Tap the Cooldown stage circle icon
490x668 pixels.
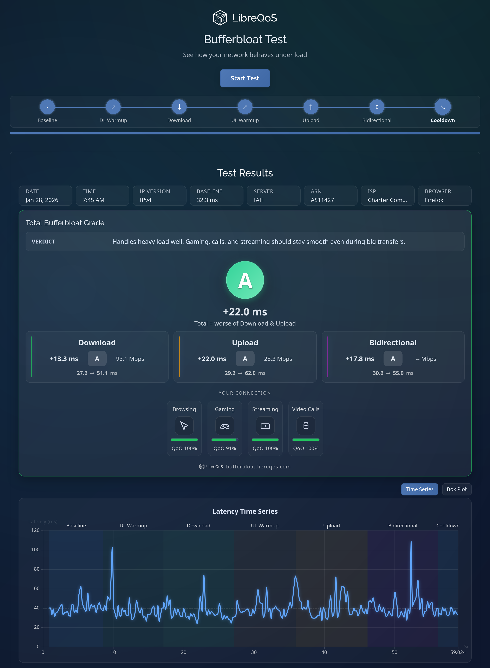pyautogui.click(x=443, y=107)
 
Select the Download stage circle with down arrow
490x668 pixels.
pyautogui.click(x=179, y=107)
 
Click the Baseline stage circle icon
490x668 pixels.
pyautogui.click(x=47, y=107)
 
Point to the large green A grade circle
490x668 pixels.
pyautogui.click(x=245, y=280)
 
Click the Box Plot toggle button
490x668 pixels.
pyautogui.click(x=457, y=489)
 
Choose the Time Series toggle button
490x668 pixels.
pyautogui.click(x=419, y=489)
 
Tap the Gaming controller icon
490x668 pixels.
pyautogui.click(x=224, y=426)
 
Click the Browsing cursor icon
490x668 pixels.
pyautogui.click(x=184, y=426)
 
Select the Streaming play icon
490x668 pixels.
pyautogui.click(x=265, y=426)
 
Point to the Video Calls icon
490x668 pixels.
pyautogui.click(x=306, y=426)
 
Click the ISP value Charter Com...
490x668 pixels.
pyautogui.click(x=387, y=200)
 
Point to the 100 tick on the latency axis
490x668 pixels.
pyautogui.click(x=35, y=549)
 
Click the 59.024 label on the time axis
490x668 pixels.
pyautogui.click(x=458, y=652)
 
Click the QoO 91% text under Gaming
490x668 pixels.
pyautogui.click(x=224, y=448)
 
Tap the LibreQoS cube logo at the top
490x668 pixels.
pyautogui.click(x=220, y=18)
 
